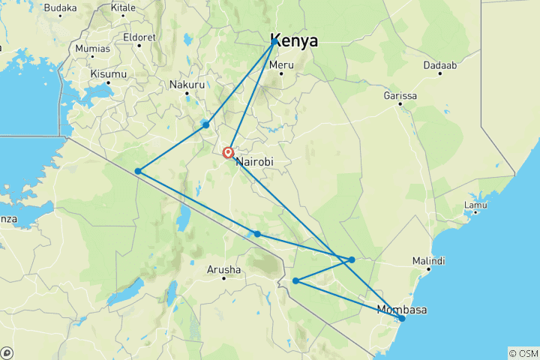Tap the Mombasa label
coord(402,310)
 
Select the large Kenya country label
coord(294,40)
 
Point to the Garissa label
coord(400,95)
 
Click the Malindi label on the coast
coord(428,260)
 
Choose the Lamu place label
coord(475,205)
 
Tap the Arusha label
coord(224,269)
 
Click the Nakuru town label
coord(187,85)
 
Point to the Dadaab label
coord(439,66)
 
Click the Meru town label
coord(281,65)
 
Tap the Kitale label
coord(123,7)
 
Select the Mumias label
coord(92,49)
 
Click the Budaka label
coord(60,7)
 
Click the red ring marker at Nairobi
coord(229,153)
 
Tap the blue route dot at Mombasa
coord(402,319)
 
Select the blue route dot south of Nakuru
coord(205,124)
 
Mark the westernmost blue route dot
coord(138,171)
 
